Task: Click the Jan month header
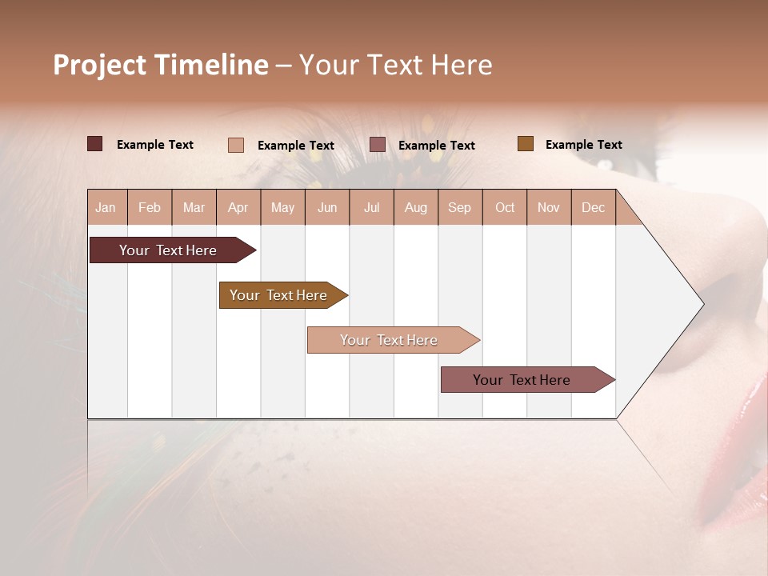tap(106, 208)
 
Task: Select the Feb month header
tap(150, 208)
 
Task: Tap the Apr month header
tap(238, 208)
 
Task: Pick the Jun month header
tap(327, 208)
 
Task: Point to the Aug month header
tap(415, 208)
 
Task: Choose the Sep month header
tap(459, 208)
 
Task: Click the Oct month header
tap(505, 208)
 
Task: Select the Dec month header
tap(593, 208)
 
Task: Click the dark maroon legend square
tap(95, 144)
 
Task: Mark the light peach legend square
tap(236, 145)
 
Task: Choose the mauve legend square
tap(378, 145)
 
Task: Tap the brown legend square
tap(526, 144)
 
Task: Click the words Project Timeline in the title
tap(161, 65)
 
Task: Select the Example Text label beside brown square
tap(583, 145)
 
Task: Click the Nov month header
tap(549, 208)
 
